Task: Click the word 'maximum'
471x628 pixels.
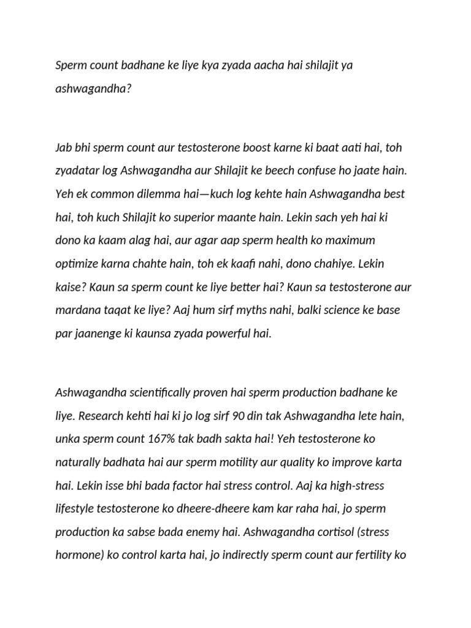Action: (x=353, y=240)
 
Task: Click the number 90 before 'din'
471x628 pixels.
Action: (x=239, y=415)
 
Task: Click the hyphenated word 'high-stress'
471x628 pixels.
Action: (x=358, y=485)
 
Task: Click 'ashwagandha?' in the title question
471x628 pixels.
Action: (x=94, y=88)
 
